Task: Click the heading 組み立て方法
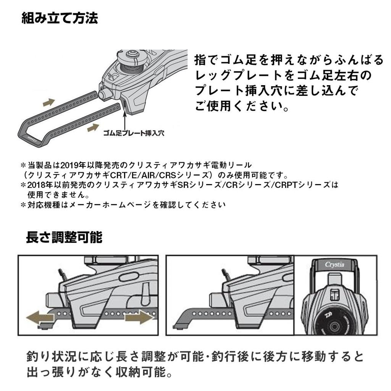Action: tap(60, 18)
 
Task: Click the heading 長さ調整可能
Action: tap(64, 237)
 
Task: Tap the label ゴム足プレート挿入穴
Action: tap(134, 133)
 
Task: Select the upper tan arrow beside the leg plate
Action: tap(48, 102)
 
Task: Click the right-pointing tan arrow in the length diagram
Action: tap(139, 317)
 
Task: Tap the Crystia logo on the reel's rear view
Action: tap(334, 264)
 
